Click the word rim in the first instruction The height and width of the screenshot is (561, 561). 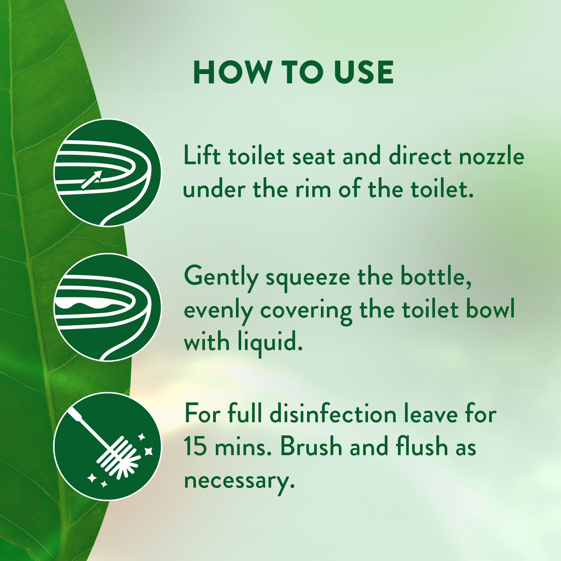(x=313, y=189)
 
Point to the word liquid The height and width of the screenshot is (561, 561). (x=270, y=343)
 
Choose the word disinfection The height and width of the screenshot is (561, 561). (x=333, y=414)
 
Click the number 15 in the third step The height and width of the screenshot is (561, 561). (x=195, y=447)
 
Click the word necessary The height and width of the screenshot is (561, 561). (x=239, y=481)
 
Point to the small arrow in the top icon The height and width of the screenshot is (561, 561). (x=92, y=180)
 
